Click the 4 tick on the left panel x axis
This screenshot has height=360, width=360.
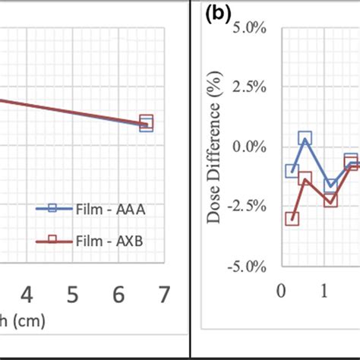click(x=27, y=294)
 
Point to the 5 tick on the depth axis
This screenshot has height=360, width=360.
click(x=72, y=294)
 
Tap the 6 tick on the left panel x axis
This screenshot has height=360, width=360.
click(x=118, y=294)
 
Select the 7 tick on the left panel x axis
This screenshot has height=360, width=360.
click(x=163, y=294)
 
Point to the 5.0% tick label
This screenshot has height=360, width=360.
click(x=248, y=27)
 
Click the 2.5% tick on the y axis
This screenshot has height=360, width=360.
click(x=248, y=87)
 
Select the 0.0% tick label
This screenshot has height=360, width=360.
click(x=248, y=147)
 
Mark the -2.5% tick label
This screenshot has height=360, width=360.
click(x=247, y=207)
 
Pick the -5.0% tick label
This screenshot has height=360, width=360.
click(x=247, y=267)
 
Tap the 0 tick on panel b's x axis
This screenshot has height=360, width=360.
click(x=282, y=291)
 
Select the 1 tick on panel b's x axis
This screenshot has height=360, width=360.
click(x=324, y=291)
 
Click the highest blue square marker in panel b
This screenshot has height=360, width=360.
click(x=305, y=138)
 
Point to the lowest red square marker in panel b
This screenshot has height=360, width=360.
click(x=292, y=219)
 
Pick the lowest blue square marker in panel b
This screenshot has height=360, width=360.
click(x=330, y=185)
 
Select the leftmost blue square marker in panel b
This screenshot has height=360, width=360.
click(x=292, y=171)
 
